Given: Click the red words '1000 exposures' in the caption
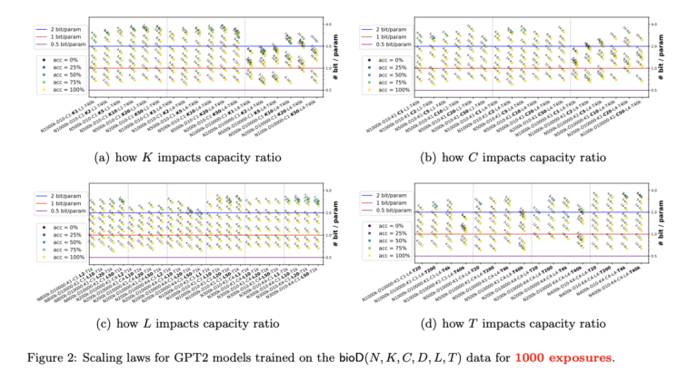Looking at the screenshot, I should click(x=563, y=356).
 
